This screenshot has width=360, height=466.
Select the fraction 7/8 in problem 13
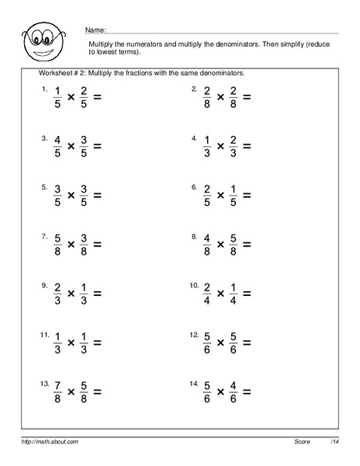pos(57,395)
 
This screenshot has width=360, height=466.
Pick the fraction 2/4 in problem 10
pos(207,295)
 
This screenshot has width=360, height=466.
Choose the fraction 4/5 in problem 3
pos(57,147)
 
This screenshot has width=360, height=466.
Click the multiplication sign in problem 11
pos(70,345)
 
